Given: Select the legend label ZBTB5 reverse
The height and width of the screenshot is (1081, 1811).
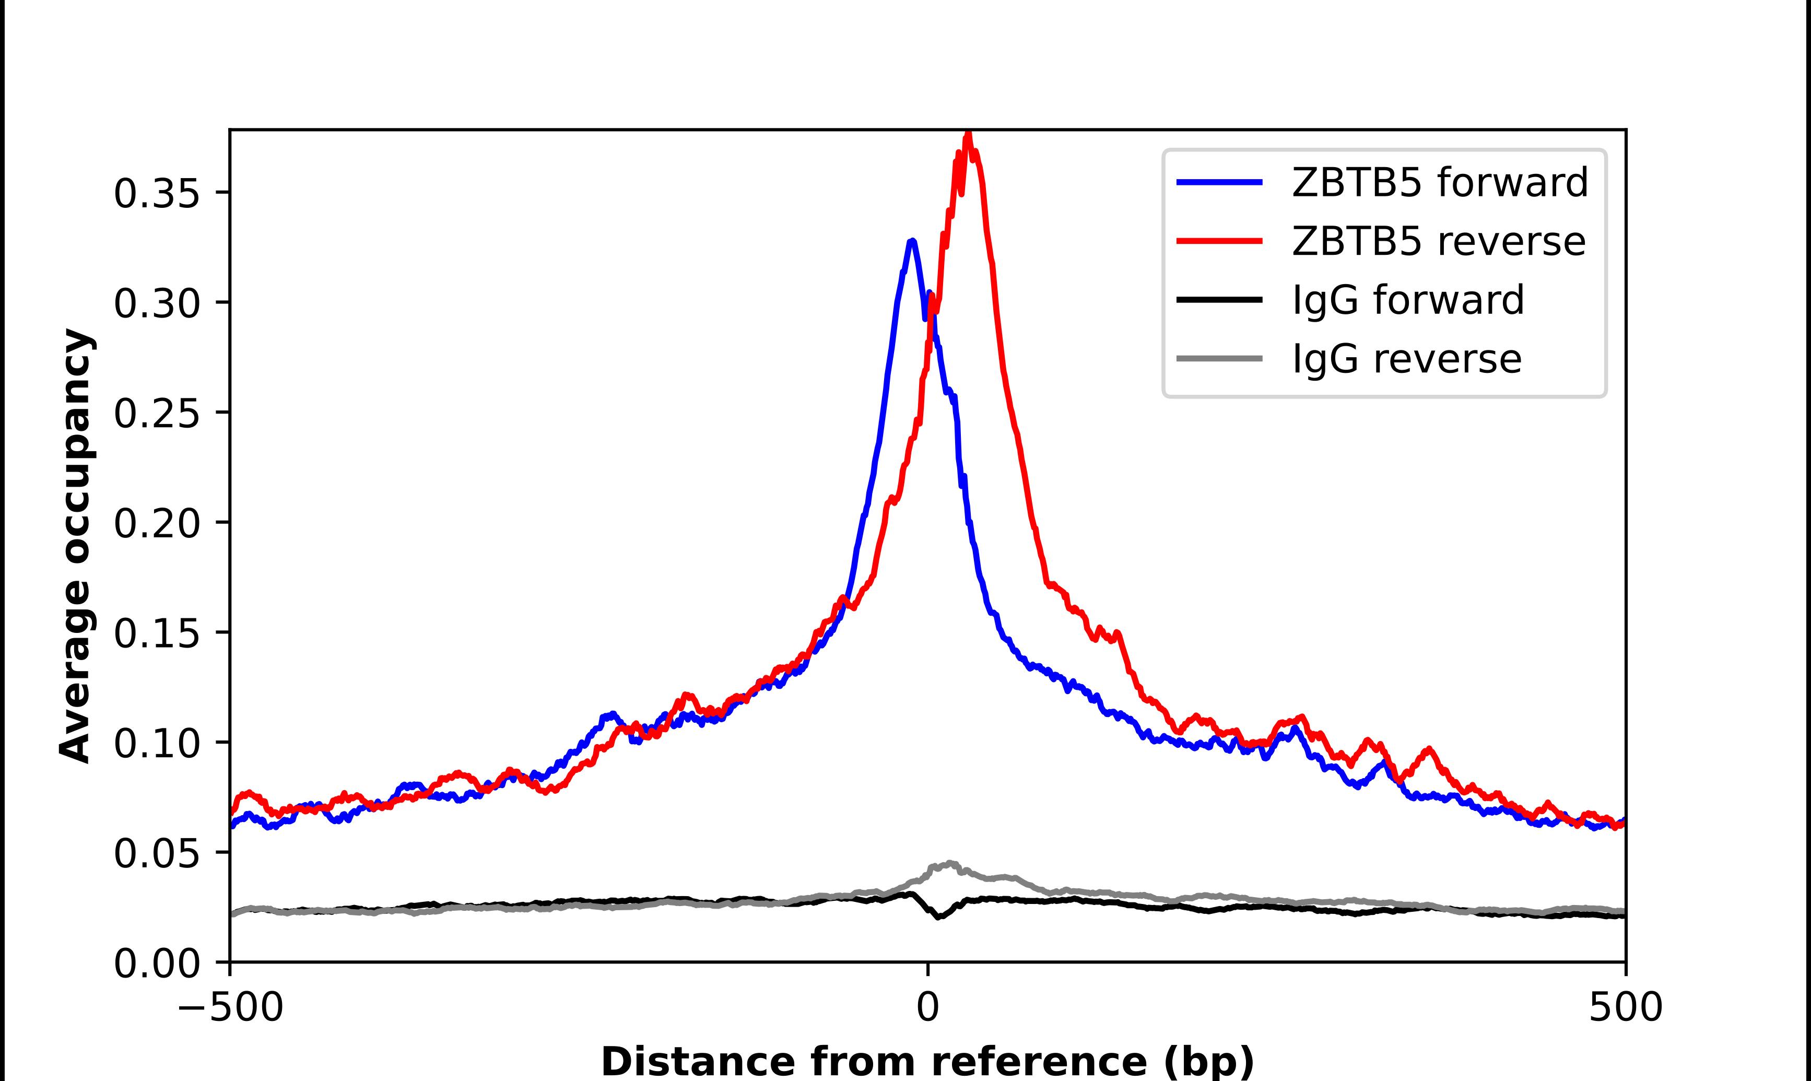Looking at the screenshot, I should tap(1438, 241).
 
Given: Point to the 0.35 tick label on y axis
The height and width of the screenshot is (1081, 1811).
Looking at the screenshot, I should tap(157, 194).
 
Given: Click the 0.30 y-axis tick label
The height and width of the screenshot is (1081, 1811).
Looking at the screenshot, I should tap(157, 304).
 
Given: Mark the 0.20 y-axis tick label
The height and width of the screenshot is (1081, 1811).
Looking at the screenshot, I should tap(157, 524).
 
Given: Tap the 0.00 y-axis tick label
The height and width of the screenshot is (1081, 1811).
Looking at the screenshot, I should tap(157, 964).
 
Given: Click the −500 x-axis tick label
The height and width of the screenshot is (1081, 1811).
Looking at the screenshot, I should tap(230, 1007).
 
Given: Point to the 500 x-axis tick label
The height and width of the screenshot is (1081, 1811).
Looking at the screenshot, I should tap(1625, 1007).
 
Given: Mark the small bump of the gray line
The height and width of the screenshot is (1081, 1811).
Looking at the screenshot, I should tap(949, 864).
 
